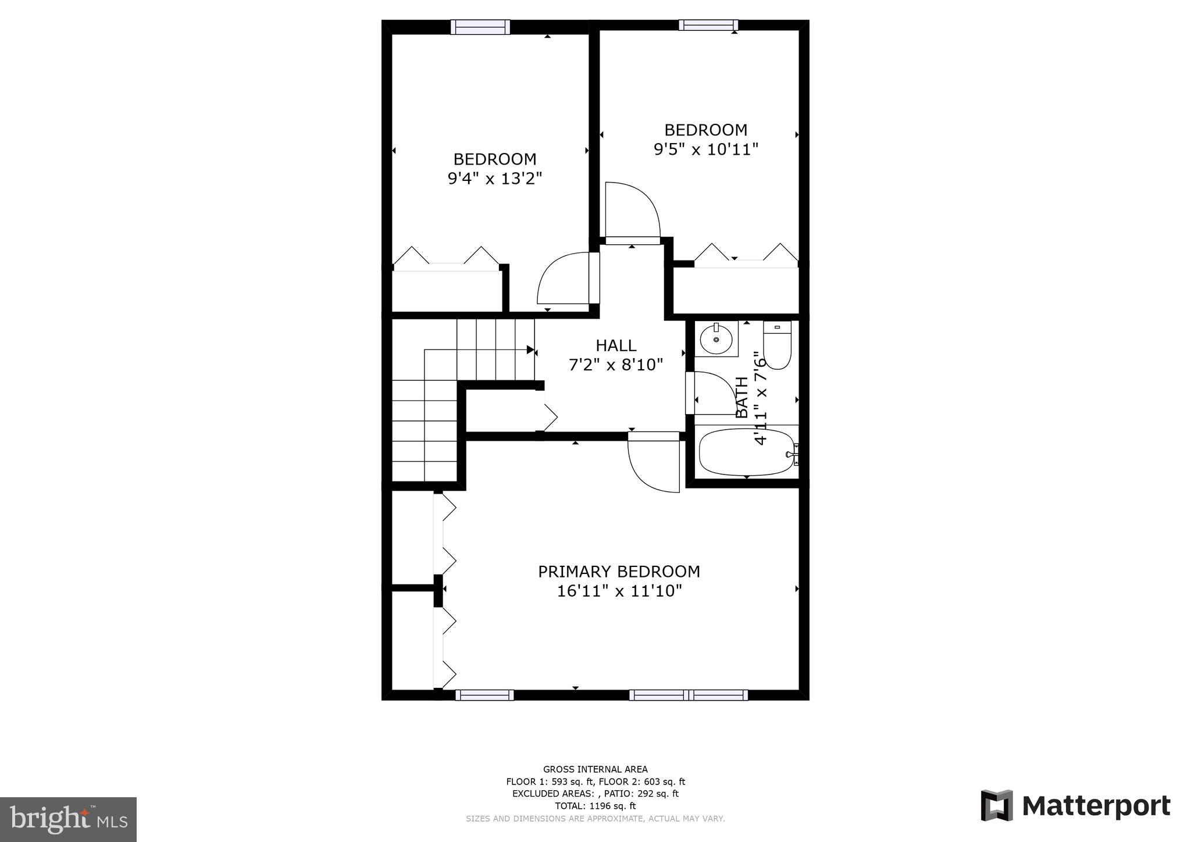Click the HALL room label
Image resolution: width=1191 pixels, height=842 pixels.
click(616, 345)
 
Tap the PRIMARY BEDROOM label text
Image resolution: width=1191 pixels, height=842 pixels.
click(619, 572)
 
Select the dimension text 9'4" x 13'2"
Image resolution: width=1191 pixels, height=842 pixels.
click(495, 179)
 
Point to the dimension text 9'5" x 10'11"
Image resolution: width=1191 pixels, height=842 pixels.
click(706, 149)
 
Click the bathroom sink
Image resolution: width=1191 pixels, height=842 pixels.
click(716, 338)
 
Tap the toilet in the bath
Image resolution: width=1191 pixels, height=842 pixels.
click(778, 346)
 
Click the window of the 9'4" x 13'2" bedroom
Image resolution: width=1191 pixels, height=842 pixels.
click(480, 27)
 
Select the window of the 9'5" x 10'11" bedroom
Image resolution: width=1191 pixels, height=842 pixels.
click(708, 25)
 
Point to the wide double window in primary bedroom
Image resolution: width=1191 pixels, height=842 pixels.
click(689, 695)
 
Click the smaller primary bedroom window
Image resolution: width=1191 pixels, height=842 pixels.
click(484, 695)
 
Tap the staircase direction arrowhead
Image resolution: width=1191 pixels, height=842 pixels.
click(530, 349)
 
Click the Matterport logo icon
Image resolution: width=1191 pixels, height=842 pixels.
click(997, 805)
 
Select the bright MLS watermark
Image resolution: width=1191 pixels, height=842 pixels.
click(69, 819)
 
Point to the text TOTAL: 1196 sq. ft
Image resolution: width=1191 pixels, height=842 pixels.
click(595, 806)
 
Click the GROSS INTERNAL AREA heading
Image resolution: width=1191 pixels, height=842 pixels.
click(595, 769)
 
